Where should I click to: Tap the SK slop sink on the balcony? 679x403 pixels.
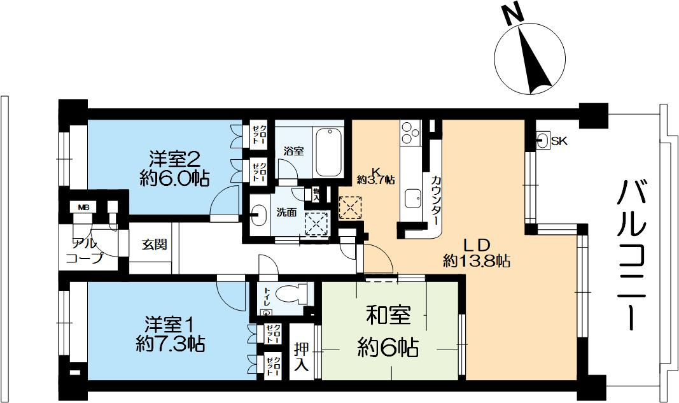pyautogui.click(x=543, y=141)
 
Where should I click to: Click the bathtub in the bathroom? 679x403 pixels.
pyautogui.click(x=328, y=152)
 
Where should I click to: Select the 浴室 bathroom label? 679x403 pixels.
pyautogui.click(x=293, y=151)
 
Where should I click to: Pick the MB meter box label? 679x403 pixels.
pyautogui.click(x=83, y=208)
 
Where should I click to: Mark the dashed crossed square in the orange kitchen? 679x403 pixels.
pyautogui.click(x=350, y=208)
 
